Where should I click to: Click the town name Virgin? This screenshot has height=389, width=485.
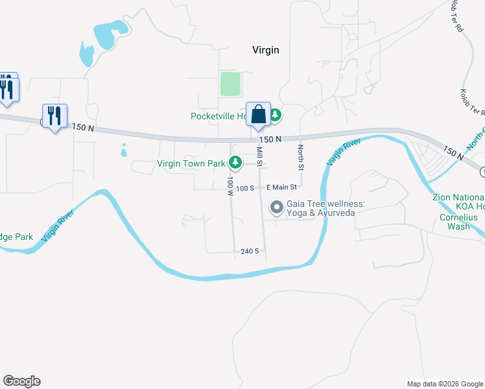click(265, 51)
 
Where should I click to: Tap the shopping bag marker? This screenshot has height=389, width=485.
click(258, 115)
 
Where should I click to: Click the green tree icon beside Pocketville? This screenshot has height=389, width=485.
click(276, 115)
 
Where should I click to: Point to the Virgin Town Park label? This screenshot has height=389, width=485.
click(191, 164)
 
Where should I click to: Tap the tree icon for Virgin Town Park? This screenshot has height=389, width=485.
click(238, 163)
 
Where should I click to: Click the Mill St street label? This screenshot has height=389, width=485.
click(259, 156)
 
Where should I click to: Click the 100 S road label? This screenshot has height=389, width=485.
click(244, 188)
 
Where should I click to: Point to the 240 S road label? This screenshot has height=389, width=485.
click(250, 251)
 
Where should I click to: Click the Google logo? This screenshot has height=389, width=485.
click(21, 381)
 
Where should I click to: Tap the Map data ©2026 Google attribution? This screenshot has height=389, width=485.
click(445, 384)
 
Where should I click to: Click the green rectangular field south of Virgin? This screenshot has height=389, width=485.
click(230, 84)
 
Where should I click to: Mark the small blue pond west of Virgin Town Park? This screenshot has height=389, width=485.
click(123, 153)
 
